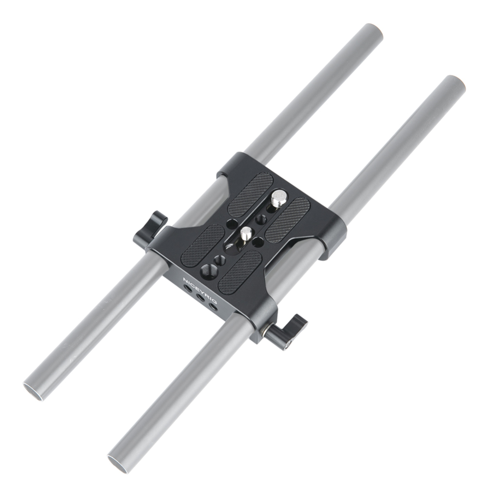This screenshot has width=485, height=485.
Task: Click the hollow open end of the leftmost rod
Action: coord(34,388)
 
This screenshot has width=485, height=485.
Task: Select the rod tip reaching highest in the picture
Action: coord(371,32)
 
